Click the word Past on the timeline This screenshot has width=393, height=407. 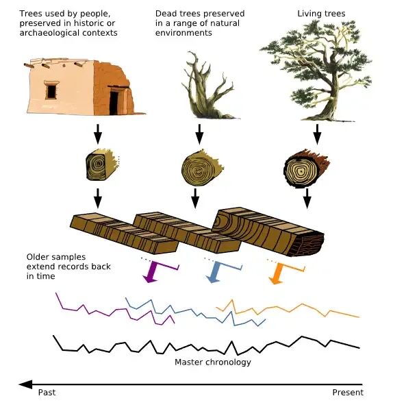click(x=47, y=392)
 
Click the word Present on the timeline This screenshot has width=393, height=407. click(x=348, y=392)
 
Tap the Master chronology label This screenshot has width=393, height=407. click(x=213, y=362)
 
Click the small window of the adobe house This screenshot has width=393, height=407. click(x=51, y=90)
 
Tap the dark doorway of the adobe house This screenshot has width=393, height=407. click(x=114, y=103)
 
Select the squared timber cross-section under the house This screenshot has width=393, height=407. click(x=102, y=164)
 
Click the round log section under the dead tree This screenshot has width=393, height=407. click(x=202, y=167)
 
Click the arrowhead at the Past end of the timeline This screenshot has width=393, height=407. click(x=25, y=384)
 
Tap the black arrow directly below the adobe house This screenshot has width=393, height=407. click(x=98, y=134)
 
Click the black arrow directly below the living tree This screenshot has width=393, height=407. click(x=317, y=134)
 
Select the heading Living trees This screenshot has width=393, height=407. click(x=321, y=14)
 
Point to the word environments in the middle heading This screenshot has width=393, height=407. click(x=183, y=33)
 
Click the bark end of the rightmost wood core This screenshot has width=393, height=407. click(x=307, y=245)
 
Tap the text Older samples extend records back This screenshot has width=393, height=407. click(x=68, y=262)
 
